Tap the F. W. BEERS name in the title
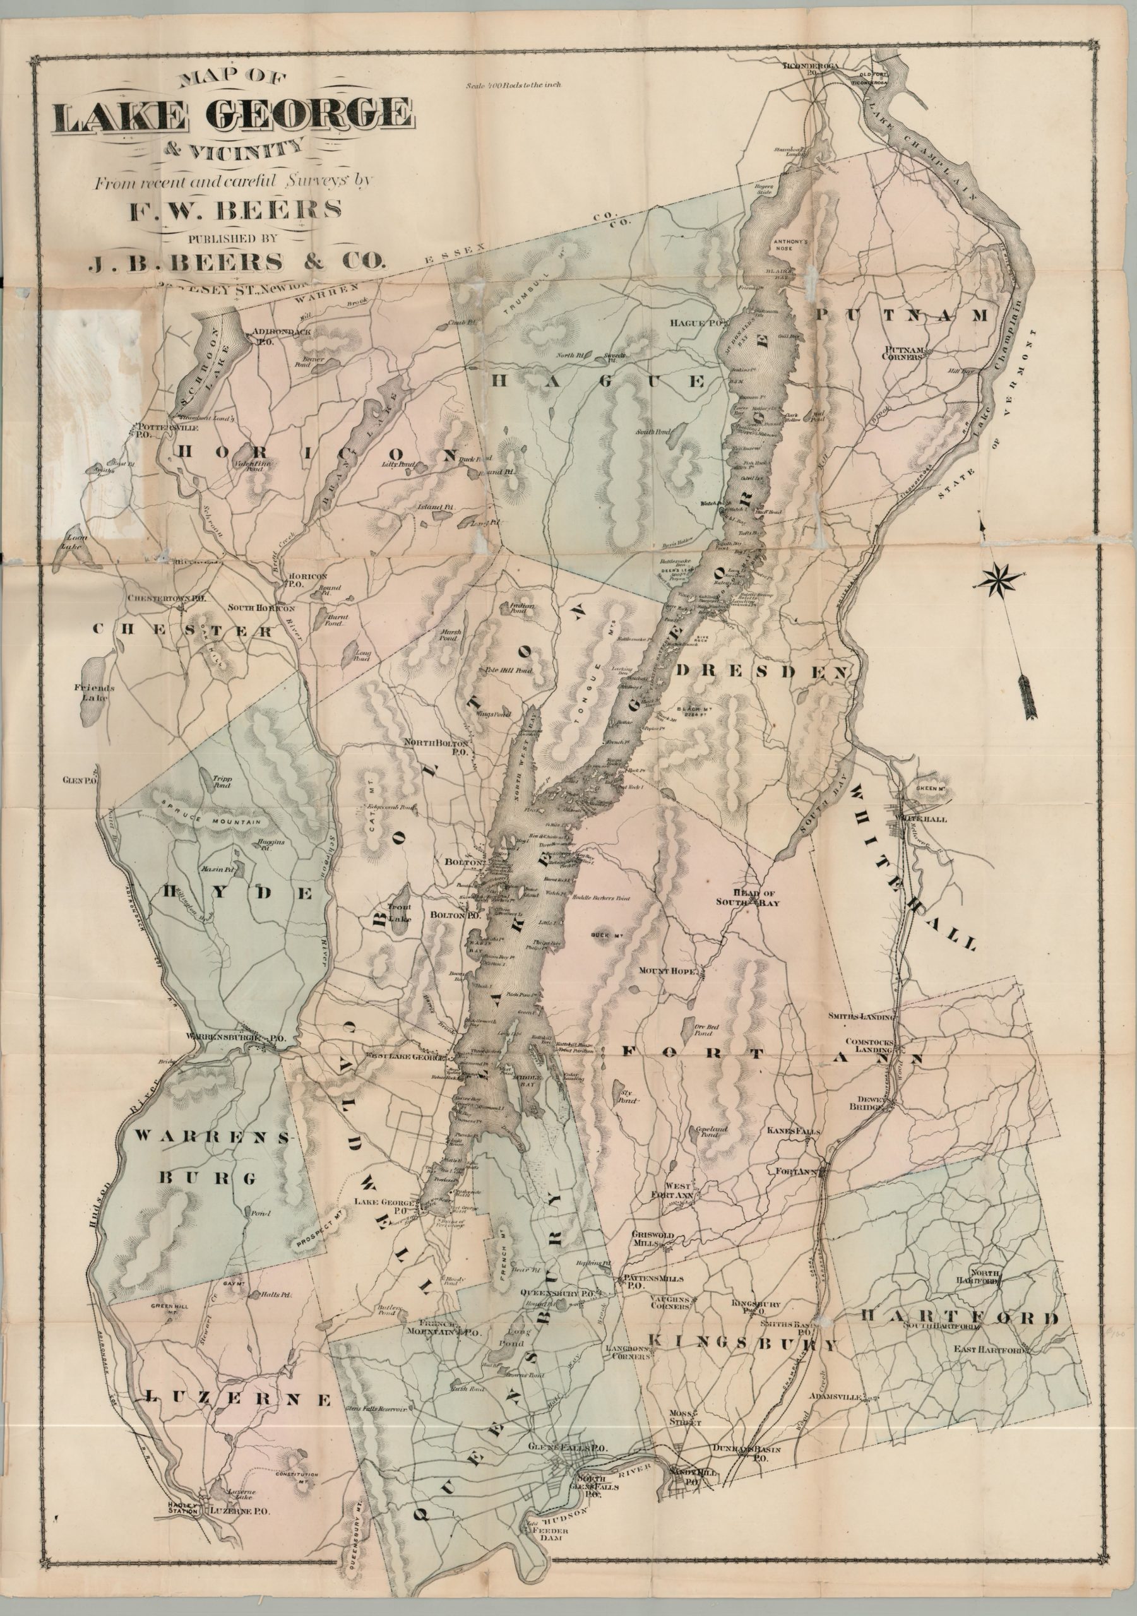click(x=234, y=210)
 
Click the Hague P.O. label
click(x=696, y=323)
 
